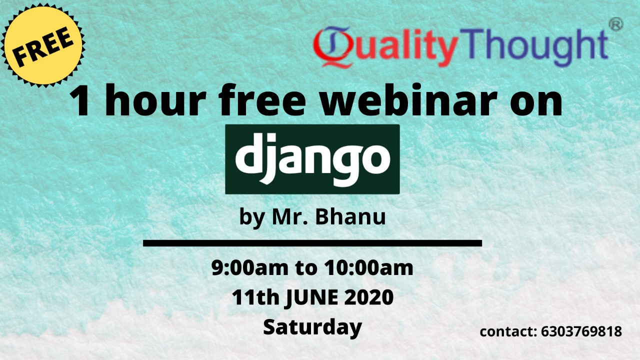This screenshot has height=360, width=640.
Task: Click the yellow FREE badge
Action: [43, 45]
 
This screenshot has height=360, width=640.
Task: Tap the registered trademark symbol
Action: [616, 23]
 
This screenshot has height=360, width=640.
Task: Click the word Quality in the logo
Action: [385, 47]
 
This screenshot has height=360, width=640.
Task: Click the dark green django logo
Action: [312, 159]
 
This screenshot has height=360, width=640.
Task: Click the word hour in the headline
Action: [155, 100]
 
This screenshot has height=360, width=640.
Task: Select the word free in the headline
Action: [262, 100]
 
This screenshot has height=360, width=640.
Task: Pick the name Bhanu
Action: [350, 216]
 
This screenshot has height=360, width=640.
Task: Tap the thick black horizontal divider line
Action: [312, 243]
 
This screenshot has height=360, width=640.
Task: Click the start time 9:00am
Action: [250, 268]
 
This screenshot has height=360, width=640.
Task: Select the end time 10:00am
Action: [368, 268]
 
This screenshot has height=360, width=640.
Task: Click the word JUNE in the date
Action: [311, 297]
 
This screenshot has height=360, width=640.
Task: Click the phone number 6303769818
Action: [581, 331]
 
